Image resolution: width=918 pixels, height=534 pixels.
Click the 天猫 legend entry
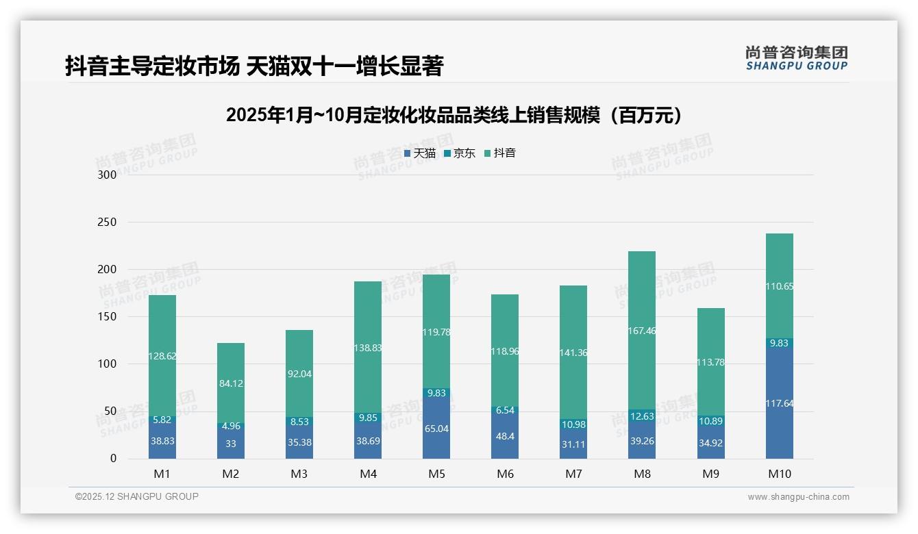pyautogui.click(x=420, y=153)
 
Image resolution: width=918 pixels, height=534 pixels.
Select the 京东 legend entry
pyautogui.click(x=460, y=153)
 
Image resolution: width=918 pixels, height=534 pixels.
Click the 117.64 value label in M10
pyautogui.click(x=780, y=404)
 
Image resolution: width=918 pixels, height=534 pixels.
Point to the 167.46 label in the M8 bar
pyautogui.click(x=642, y=331)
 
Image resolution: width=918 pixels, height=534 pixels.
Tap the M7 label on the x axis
pyautogui.click(x=573, y=474)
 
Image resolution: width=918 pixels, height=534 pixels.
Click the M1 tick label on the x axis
pyautogui.click(x=162, y=474)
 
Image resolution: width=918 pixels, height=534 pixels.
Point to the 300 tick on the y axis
pyautogui.click(x=108, y=175)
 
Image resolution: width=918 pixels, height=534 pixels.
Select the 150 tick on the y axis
pyautogui.click(x=108, y=317)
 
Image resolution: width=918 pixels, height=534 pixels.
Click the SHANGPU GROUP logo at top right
pyautogui.click(x=796, y=58)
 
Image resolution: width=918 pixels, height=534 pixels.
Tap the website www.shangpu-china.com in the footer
pyautogui.click(x=798, y=497)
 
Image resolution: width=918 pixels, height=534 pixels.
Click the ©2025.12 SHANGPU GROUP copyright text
pyautogui.click(x=137, y=496)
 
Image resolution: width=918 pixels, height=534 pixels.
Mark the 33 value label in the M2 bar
pyautogui.click(x=231, y=444)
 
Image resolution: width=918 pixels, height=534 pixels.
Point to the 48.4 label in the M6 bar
pyautogui.click(x=505, y=435)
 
